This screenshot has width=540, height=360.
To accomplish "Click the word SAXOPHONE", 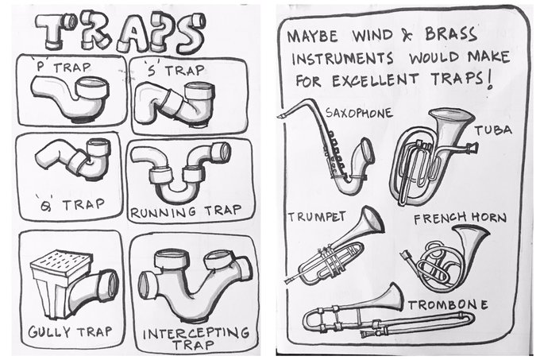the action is pos(359,113).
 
